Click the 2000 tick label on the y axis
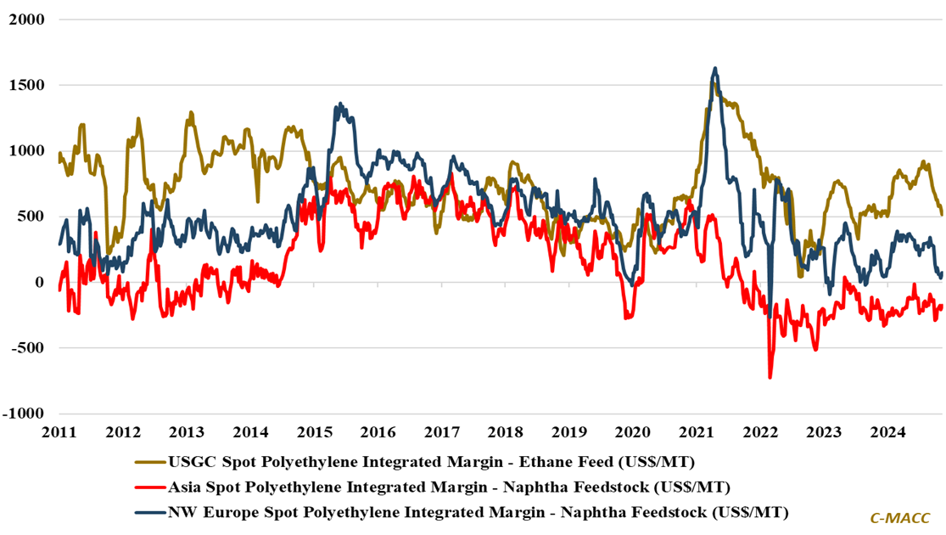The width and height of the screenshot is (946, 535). (26, 19)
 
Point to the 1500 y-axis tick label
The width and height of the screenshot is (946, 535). (26, 85)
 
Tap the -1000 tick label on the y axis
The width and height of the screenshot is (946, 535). (24, 414)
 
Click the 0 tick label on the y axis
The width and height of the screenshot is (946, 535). (38, 282)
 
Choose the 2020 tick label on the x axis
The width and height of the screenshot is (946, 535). (630, 431)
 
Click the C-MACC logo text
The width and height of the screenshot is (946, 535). (901, 517)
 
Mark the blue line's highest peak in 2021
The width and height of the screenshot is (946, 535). (715, 68)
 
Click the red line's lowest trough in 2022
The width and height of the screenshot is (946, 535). (770, 377)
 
